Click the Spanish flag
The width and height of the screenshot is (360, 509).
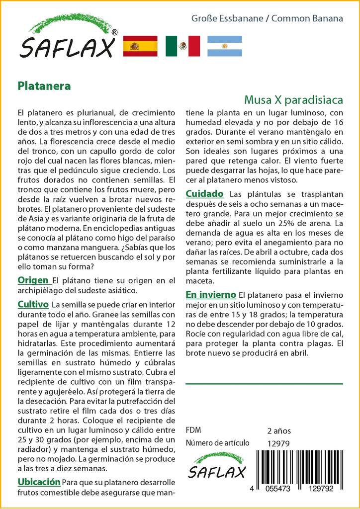point(140,46)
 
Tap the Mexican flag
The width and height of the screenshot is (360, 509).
point(182,46)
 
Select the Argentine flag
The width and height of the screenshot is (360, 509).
point(224,46)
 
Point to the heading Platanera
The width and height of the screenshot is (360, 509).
point(44,85)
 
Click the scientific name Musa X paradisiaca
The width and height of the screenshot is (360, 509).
point(293,100)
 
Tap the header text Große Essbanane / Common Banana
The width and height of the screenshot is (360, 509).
point(267,18)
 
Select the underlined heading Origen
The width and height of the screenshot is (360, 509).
point(33,280)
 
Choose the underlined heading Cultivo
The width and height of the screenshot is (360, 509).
point(33,304)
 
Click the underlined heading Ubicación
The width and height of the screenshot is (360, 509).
point(39,482)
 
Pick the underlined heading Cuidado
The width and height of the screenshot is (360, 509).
point(204,193)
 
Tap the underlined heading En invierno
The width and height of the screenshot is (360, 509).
point(211,294)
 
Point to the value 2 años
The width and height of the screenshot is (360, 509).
point(279,430)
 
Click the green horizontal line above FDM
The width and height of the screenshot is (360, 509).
point(264,384)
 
